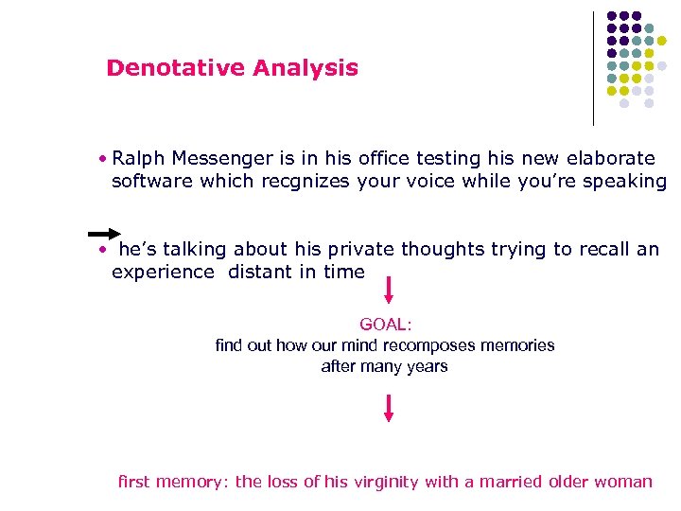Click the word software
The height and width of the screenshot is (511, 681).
[x=151, y=181]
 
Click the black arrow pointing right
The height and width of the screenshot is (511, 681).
[x=104, y=233]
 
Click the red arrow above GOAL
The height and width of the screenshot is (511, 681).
[x=388, y=290]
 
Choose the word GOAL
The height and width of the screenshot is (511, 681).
[x=385, y=325]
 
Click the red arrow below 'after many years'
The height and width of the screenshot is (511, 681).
[x=388, y=408]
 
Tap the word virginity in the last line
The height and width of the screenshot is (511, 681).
[x=385, y=482]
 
